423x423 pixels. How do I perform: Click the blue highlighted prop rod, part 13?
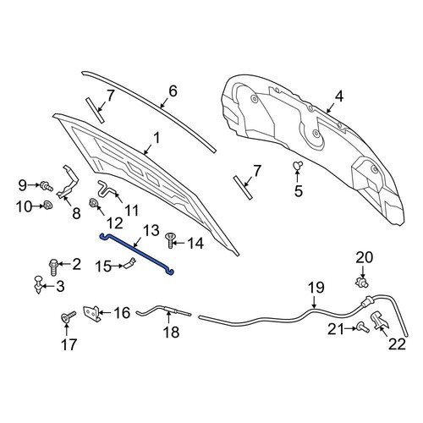click(137, 253)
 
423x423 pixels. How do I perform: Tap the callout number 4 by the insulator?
click(339, 96)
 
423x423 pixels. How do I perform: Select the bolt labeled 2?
click(53, 266)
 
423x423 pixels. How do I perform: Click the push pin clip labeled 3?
click(38, 285)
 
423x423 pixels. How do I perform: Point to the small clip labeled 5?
click(298, 165)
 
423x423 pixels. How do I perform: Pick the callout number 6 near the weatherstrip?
click(173, 91)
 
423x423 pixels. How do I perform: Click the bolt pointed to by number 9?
click(47, 186)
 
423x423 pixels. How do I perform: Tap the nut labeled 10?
click(48, 205)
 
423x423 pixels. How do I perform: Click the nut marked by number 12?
click(93, 203)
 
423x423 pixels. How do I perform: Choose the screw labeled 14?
click(171, 240)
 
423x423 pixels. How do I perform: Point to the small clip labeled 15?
click(129, 264)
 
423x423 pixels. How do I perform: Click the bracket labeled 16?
click(91, 313)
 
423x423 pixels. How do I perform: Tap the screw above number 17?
click(69, 316)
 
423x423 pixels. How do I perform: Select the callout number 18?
click(171, 332)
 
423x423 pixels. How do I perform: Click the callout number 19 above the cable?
click(316, 288)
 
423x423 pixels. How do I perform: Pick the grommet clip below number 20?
click(362, 282)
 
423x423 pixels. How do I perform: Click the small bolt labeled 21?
click(363, 327)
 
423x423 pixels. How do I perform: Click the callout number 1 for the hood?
click(156, 139)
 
